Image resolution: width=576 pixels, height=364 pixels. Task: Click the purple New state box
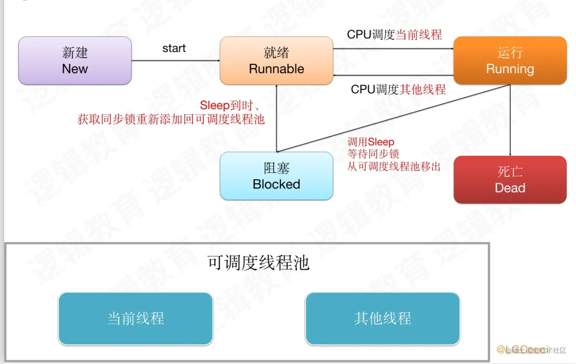tap(75, 61)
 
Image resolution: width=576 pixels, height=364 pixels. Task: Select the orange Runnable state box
tap(276, 61)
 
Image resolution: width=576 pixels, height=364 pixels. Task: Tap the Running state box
tap(510, 61)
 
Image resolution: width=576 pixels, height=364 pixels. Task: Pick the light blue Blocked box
tap(276, 176)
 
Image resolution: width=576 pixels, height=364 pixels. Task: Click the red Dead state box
tap(510, 180)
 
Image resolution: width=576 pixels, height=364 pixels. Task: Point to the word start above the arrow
tap(174, 48)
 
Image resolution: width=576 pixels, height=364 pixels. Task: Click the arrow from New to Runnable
tap(175, 61)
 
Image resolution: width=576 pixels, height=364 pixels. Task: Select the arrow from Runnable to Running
tap(392, 49)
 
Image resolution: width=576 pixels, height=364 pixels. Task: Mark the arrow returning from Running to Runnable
tap(392, 75)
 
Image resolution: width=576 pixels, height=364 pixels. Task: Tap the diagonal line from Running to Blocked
tap(392, 119)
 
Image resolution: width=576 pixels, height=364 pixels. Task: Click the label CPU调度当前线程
tap(394, 35)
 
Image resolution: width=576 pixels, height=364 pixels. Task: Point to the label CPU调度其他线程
tap(398, 90)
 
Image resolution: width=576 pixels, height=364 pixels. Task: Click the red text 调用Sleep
tap(371, 142)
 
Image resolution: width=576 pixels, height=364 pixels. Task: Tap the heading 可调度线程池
tap(258, 263)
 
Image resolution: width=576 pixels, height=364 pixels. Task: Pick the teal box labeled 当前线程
tap(136, 319)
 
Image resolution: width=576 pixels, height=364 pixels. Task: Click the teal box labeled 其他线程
tap(382, 319)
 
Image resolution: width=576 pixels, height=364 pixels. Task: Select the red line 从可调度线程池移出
tap(394, 167)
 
